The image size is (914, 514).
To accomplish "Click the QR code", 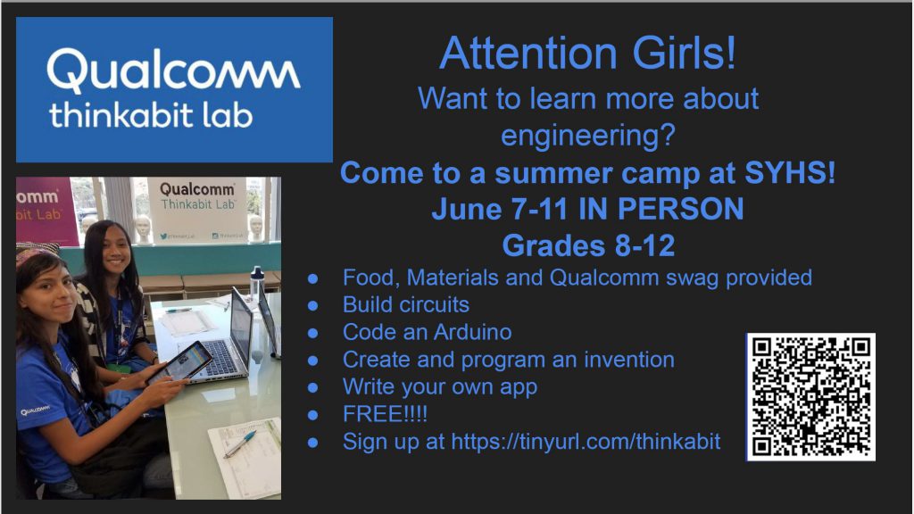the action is [x=810, y=397].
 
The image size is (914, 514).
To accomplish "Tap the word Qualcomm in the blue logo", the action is [x=174, y=70].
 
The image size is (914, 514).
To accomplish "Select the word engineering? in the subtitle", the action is [x=588, y=136].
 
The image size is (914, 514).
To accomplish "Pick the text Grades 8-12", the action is [x=589, y=245].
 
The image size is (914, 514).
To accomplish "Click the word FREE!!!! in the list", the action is [x=385, y=414].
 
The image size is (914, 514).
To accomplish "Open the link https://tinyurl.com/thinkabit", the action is [x=586, y=442].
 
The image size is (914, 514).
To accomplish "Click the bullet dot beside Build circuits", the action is [x=313, y=305].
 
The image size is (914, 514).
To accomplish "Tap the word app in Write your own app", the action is [x=519, y=387].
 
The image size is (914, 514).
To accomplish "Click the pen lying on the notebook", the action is [x=241, y=443].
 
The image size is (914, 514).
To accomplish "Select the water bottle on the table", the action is [x=256, y=284].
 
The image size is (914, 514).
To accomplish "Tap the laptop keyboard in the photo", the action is [x=218, y=358].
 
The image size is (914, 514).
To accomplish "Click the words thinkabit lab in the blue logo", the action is [x=151, y=115].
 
